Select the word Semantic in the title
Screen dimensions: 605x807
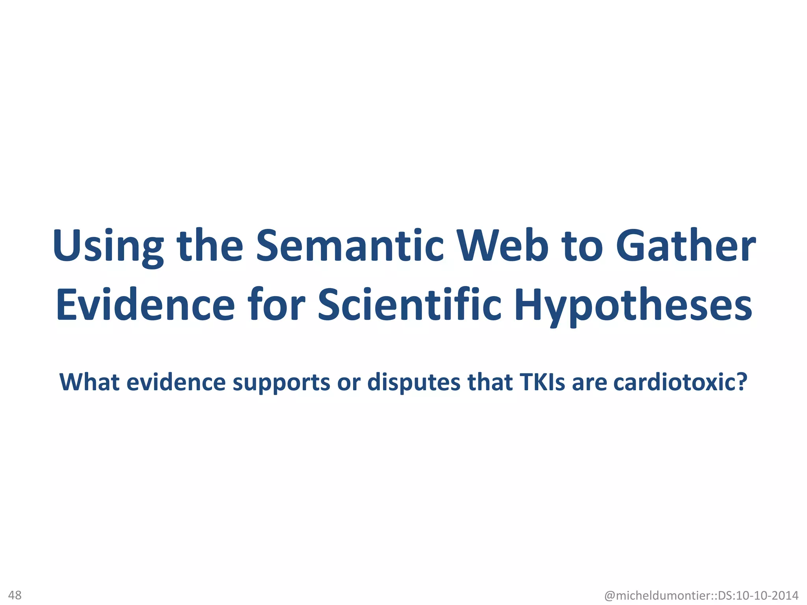click(350, 246)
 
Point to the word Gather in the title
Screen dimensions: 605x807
click(686, 246)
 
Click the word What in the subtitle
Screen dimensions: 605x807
click(89, 382)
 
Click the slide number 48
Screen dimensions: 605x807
click(15, 595)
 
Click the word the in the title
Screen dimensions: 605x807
click(210, 246)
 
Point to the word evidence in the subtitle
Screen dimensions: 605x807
click(176, 382)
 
